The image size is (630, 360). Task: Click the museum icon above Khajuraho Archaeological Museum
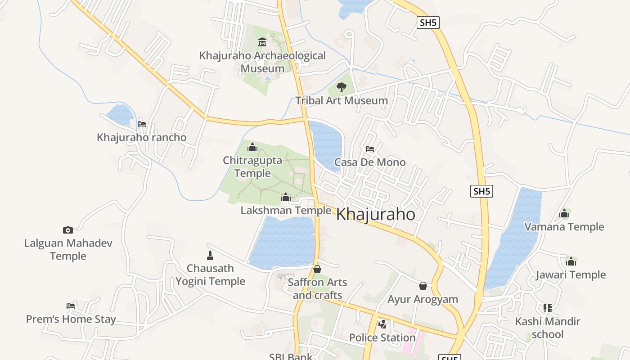pyautogui.click(x=262, y=43)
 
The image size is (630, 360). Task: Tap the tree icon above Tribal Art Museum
pyautogui.click(x=342, y=87)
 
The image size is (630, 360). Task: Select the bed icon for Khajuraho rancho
pyautogui.click(x=142, y=124)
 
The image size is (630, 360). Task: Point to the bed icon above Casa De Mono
pyautogui.click(x=370, y=148)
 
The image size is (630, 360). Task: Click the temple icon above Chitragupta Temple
pyautogui.click(x=252, y=147)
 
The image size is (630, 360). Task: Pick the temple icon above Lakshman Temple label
pyautogui.click(x=286, y=197)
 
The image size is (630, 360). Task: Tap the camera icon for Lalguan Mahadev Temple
pyautogui.click(x=68, y=230)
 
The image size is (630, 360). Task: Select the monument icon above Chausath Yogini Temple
pyautogui.click(x=210, y=256)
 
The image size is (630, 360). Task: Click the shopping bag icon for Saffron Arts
pyautogui.click(x=317, y=269)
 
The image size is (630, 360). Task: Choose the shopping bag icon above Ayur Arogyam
pyautogui.click(x=423, y=286)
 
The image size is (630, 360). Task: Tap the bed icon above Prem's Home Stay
pyautogui.click(x=71, y=306)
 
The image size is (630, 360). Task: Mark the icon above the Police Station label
pyautogui.click(x=382, y=324)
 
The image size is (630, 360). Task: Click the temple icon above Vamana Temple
pyautogui.click(x=564, y=213)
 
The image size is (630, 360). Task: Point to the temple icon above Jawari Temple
pyautogui.click(x=571, y=261)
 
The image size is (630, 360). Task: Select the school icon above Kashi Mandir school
pyautogui.click(x=548, y=308)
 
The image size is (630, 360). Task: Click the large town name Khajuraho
pyautogui.click(x=376, y=215)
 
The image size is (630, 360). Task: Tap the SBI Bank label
pyautogui.click(x=291, y=356)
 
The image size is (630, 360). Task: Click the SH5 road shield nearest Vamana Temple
pyautogui.click(x=481, y=191)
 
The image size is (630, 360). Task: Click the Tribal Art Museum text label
pyautogui.click(x=342, y=100)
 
